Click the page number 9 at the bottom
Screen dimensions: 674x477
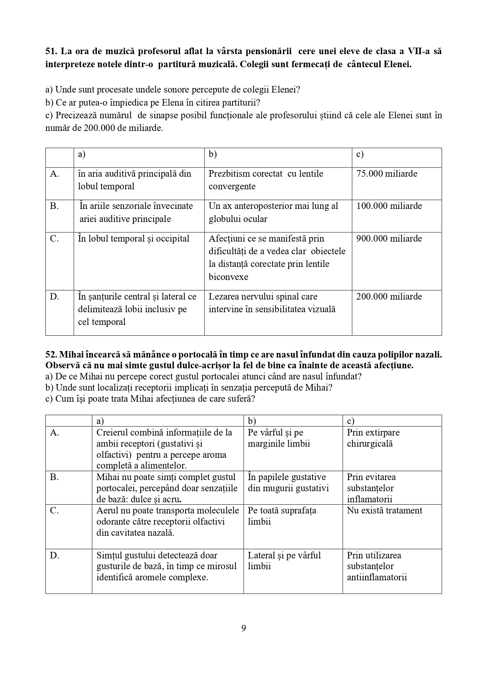243,628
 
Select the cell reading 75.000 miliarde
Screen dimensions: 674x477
387,174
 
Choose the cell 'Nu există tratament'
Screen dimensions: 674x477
384,510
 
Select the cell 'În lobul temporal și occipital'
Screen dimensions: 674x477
134,238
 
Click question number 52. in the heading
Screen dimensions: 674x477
51,355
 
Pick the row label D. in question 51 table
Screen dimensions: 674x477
55,296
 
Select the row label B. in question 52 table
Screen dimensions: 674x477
55,477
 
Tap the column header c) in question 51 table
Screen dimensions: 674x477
360,154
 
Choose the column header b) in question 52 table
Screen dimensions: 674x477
252,421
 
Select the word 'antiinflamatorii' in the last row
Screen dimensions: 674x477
377,577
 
